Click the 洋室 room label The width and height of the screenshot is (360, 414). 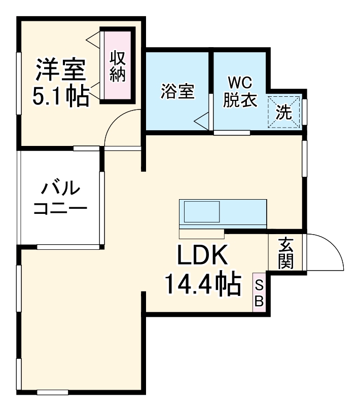(x=60, y=71)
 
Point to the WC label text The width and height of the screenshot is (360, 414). (x=239, y=83)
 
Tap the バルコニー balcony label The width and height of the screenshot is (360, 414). (x=60, y=198)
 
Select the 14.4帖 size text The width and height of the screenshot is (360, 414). (x=202, y=285)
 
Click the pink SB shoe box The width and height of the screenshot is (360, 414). (x=259, y=293)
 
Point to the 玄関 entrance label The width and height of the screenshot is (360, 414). (x=285, y=253)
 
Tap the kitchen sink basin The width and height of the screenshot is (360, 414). (x=201, y=211)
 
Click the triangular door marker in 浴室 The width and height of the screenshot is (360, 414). (x=202, y=121)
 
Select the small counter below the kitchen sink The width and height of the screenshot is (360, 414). (x=201, y=234)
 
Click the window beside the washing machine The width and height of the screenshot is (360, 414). (x=305, y=109)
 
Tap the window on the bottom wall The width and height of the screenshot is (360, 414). (x=52, y=392)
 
